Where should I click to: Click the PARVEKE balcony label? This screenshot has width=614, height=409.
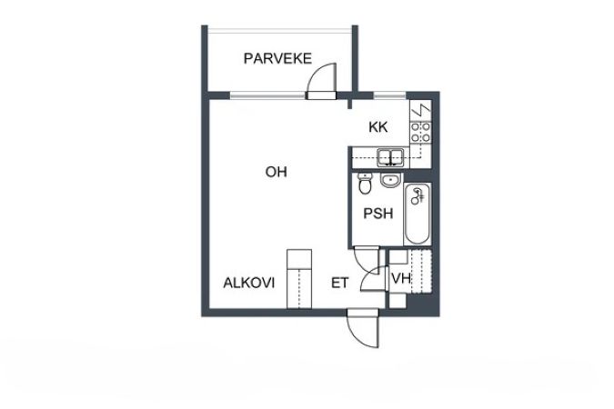tap(277, 59)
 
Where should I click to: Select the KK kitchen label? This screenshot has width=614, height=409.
tap(378, 127)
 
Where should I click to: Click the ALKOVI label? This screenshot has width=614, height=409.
tap(249, 283)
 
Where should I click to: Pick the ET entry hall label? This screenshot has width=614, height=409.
tap(339, 283)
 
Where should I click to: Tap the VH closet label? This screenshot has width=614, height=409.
tap(399, 278)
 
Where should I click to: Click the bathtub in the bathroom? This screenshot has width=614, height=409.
tap(417, 214)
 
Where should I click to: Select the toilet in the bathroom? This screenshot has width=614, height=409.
tap(364, 184)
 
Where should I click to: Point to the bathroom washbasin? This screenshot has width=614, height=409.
tap(391, 179)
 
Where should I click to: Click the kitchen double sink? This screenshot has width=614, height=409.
tap(390, 155)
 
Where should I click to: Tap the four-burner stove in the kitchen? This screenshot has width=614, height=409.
tap(421, 131)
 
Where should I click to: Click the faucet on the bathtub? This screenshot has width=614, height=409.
tap(419, 195)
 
